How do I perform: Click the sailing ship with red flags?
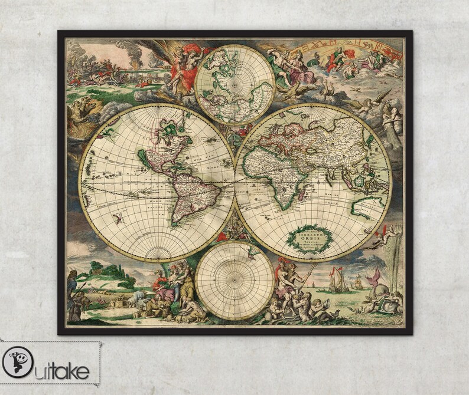[x=338, y=279]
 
